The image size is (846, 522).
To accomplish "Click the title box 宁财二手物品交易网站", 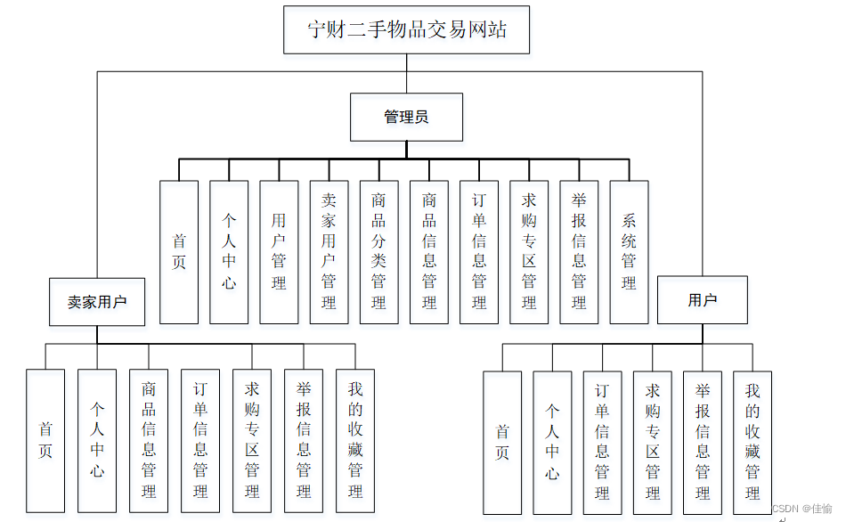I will [x=406, y=29].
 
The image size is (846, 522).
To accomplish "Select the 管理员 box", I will [x=406, y=117].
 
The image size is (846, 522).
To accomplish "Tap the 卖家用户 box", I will [x=97, y=302].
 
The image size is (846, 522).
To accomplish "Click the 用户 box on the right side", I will [x=702, y=300].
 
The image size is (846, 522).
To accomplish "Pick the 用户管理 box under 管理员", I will [x=279, y=252].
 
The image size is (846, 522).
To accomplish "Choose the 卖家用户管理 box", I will [x=329, y=252].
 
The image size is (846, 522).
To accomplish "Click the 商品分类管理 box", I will [x=378, y=252].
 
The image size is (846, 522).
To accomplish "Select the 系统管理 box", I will [x=629, y=252].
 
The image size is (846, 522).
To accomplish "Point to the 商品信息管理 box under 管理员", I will [x=429, y=252].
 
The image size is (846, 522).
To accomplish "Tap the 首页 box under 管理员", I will [x=179, y=252].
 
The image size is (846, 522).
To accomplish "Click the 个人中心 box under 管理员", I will [x=229, y=252].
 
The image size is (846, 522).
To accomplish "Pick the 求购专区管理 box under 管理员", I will [x=529, y=252].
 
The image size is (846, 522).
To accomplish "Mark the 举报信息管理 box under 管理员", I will [x=579, y=252].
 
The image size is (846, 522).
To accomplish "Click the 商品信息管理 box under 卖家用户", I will [x=149, y=441].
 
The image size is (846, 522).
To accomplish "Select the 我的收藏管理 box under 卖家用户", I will [x=355, y=441].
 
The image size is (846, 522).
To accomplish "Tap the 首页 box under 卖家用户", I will [x=45, y=441].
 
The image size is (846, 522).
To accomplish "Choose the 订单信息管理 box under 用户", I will [x=602, y=443].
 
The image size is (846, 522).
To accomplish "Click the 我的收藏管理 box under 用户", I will [x=752, y=443].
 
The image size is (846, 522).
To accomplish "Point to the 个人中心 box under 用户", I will [x=552, y=443].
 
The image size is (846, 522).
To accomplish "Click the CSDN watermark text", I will [x=802, y=509].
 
